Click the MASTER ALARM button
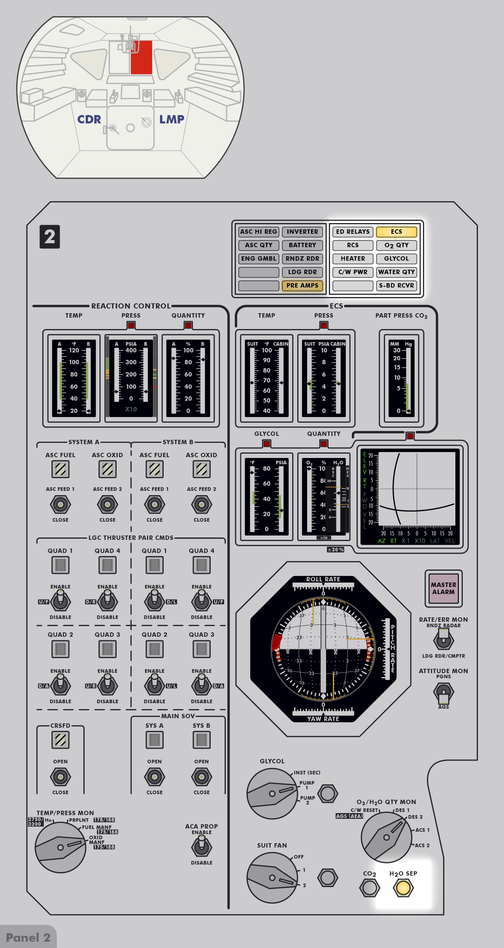[x=444, y=588]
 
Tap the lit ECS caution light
[x=396, y=232]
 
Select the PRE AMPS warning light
[x=302, y=286]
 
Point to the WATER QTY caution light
[x=396, y=272]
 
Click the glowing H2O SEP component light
[x=403, y=887]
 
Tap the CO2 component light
[x=370, y=887]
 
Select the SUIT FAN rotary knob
[x=272, y=878]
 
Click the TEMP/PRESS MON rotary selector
[x=60, y=847]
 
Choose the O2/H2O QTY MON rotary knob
[x=386, y=837]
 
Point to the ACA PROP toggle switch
[x=202, y=847]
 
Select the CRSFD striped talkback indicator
[x=60, y=740]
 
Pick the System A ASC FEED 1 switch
[x=60, y=504]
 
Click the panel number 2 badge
[x=50, y=237]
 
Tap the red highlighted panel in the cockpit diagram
[x=142, y=58]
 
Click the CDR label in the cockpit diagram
[x=89, y=119]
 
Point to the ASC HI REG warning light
[x=259, y=232]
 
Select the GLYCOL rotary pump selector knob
[x=272, y=794]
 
